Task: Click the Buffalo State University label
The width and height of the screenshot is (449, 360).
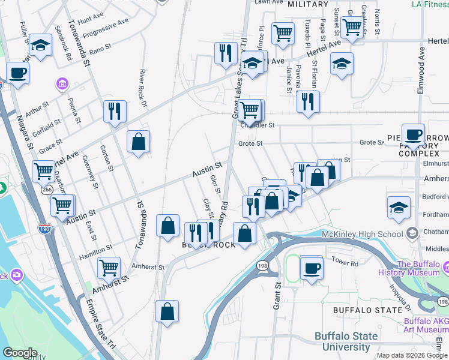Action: click(350, 341)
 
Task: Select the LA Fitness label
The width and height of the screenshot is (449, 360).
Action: click(430, 5)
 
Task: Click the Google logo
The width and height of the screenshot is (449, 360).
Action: click(20, 353)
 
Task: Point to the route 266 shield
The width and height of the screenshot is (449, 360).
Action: click(47, 190)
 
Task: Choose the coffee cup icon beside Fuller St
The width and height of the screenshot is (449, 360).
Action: click(17, 73)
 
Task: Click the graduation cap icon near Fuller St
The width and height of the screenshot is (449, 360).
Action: click(40, 44)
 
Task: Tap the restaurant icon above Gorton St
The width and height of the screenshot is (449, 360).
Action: click(115, 112)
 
